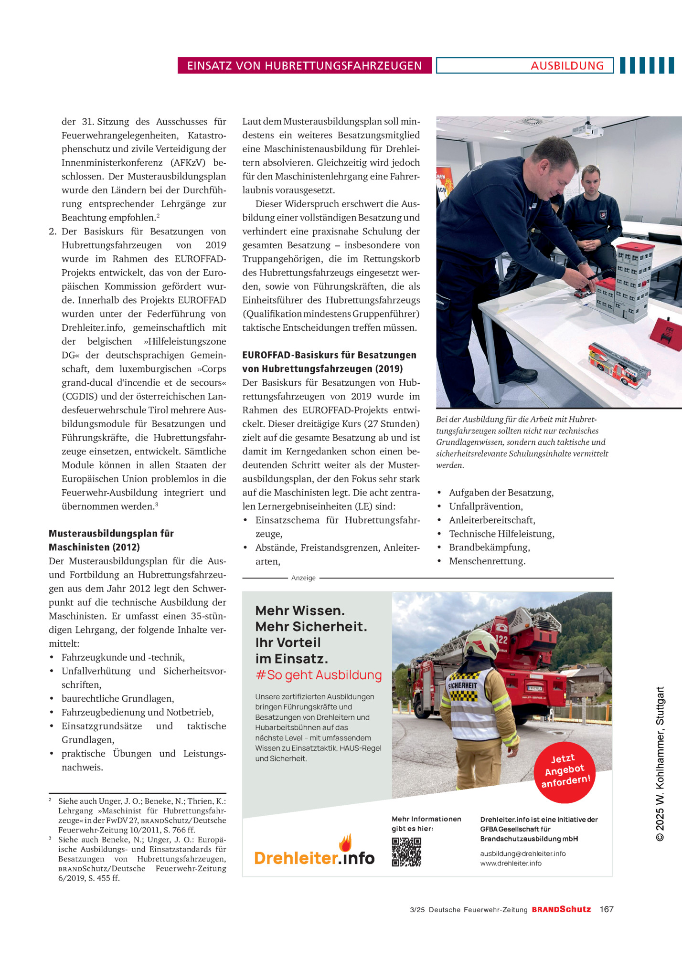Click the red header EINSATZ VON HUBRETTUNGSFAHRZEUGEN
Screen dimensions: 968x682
(x=304, y=65)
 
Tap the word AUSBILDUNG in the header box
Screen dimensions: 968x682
(x=567, y=65)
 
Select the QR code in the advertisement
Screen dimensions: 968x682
(x=406, y=852)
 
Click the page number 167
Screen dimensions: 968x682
(x=607, y=909)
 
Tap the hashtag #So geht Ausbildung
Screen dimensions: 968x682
(x=319, y=675)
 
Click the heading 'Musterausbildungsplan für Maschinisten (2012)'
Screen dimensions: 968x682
(x=111, y=540)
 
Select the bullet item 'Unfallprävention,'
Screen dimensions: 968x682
(x=486, y=506)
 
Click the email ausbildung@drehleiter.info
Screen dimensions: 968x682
(x=523, y=853)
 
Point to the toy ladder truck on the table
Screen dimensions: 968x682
(x=619, y=366)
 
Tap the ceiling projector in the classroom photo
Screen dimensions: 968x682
(x=587, y=130)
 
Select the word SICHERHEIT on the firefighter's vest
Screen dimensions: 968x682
(x=462, y=685)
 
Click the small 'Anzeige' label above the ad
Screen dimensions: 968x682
(x=303, y=578)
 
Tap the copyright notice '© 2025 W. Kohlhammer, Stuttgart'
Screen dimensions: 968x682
(x=660, y=764)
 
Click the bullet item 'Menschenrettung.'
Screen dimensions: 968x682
(x=487, y=561)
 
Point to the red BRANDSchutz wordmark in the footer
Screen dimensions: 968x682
(x=561, y=909)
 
